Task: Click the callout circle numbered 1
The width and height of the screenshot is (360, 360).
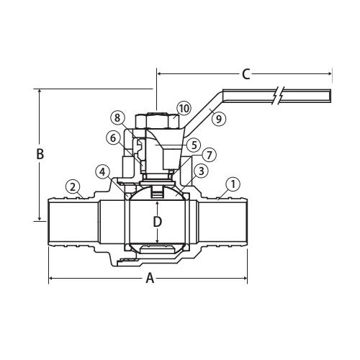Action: coord(232,184)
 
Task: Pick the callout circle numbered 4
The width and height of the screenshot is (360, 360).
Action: coord(104,171)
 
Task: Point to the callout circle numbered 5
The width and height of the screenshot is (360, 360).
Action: coord(193,144)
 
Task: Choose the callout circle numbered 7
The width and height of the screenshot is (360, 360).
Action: coord(209,154)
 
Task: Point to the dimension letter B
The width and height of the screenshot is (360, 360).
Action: coord(40,154)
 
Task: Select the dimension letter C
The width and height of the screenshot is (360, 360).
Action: coord(246,73)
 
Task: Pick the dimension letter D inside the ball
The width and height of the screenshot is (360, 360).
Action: coord(157,222)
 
